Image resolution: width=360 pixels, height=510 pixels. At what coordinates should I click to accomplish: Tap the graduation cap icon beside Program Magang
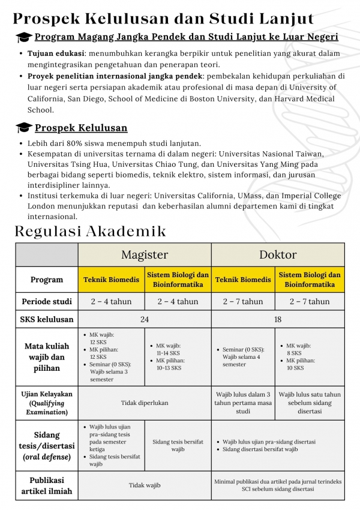point(25,38)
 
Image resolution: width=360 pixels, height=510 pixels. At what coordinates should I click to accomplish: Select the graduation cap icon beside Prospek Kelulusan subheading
point(25,128)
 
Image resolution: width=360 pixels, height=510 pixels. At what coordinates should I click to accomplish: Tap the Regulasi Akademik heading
point(90,231)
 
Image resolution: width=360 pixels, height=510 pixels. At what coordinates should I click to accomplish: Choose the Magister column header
point(145,255)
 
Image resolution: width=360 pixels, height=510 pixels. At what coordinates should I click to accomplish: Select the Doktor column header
point(278,255)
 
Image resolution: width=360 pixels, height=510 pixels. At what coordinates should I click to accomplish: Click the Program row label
point(47,280)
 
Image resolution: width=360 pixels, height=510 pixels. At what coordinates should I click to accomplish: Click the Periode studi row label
point(47,301)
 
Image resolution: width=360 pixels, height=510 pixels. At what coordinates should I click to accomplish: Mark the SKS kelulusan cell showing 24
point(145,319)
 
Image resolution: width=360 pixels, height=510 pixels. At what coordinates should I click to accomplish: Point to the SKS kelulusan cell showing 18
point(278,319)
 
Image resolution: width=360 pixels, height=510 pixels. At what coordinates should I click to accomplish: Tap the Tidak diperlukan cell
point(145,403)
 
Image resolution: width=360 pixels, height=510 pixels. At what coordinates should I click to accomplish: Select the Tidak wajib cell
point(145,485)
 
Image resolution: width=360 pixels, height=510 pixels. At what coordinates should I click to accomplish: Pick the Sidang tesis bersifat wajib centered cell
point(178,445)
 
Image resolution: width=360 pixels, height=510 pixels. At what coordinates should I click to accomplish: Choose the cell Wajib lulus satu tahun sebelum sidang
point(310,403)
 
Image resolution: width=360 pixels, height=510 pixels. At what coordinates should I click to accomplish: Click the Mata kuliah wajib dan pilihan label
point(47,356)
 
